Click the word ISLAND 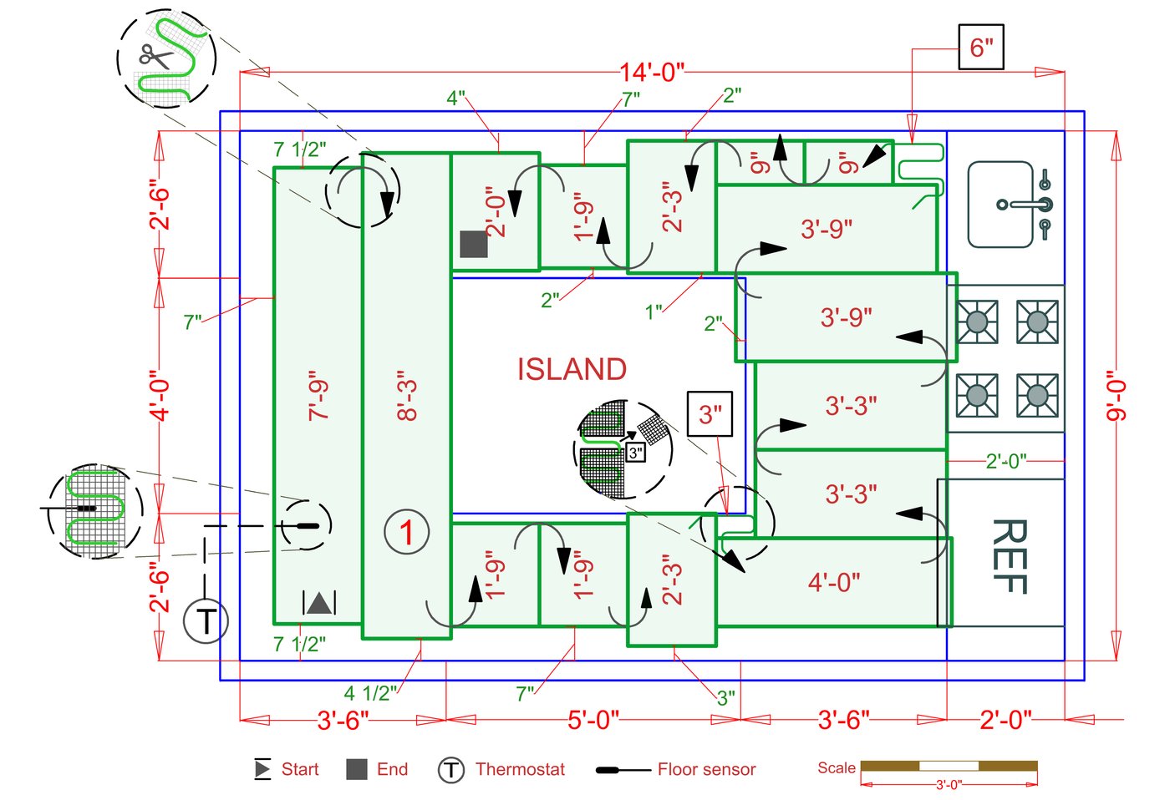[x=572, y=369]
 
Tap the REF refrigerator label [x=1009, y=556]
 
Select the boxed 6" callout [x=980, y=48]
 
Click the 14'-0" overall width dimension [x=652, y=73]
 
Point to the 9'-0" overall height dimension [x=1117, y=401]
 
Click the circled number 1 [x=407, y=532]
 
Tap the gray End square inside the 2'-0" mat [x=474, y=245]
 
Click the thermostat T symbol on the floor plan [x=206, y=621]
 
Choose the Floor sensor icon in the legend [x=623, y=769]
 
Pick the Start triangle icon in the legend [x=262, y=769]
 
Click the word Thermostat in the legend [x=520, y=769]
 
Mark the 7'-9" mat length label [x=319, y=396]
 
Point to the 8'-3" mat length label [x=407, y=396]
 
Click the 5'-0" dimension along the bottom [x=593, y=720]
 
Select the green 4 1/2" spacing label [x=370, y=693]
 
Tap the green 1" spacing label [x=653, y=312]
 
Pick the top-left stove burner [x=977, y=322]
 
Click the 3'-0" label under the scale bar [x=949, y=785]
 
